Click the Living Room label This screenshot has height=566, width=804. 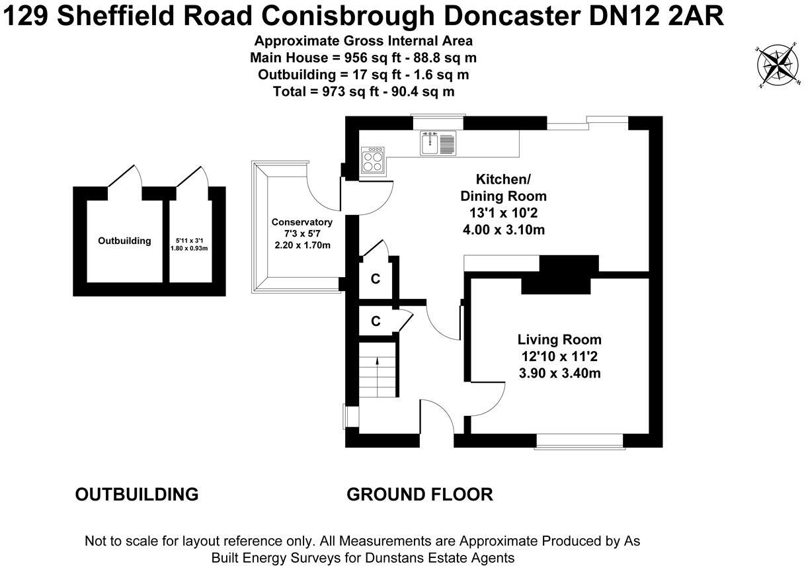coord(559,340)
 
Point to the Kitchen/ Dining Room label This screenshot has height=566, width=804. coord(503,188)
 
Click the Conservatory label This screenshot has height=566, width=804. coord(301,222)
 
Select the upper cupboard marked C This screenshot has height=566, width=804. coord(375,279)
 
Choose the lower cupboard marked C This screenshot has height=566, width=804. coord(376,321)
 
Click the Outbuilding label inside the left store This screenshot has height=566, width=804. coord(124,241)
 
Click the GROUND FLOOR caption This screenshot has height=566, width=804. coord(420,494)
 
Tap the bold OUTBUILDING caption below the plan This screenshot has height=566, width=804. coord(137,494)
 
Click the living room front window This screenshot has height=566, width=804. coord(579,440)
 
